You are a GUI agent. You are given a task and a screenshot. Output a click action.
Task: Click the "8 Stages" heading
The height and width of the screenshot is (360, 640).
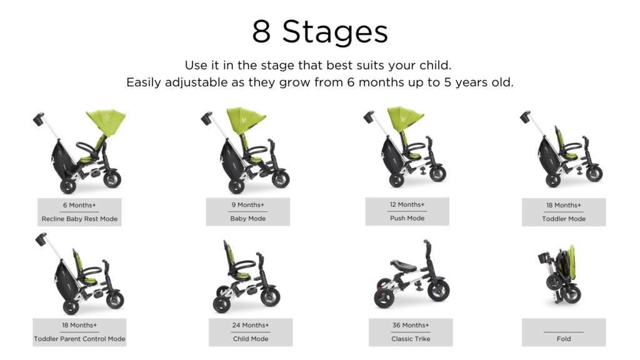click(320, 32)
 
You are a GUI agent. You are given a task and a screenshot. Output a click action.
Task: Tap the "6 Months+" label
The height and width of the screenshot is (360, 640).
click(79, 205)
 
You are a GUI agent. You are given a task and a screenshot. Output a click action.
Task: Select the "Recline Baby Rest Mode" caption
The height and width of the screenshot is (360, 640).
click(79, 219)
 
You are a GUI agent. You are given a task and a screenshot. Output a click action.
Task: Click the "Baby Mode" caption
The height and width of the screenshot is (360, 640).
click(247, 218)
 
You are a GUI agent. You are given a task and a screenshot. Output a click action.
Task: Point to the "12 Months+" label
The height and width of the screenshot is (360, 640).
click(407, 204)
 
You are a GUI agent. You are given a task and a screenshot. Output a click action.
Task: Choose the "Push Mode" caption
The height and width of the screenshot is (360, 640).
click(407, 218)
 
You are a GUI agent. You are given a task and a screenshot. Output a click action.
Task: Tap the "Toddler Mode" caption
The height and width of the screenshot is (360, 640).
click(564, 219)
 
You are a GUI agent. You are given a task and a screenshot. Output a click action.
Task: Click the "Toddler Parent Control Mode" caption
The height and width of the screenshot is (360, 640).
click(79, 339)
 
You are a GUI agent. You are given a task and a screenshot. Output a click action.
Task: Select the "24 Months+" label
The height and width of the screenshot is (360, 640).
click(251, 325)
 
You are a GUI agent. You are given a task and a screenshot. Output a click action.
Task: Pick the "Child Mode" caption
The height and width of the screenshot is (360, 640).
click(251, 339)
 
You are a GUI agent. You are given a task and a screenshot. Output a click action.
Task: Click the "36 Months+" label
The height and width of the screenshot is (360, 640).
click(411, 325)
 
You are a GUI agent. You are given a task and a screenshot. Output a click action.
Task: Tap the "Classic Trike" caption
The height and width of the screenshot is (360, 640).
click(411, 339)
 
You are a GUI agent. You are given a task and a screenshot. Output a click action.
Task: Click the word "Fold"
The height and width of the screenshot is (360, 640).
click(564, 339)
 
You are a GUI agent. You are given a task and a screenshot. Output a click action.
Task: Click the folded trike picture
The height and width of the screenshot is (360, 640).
click(560, 275)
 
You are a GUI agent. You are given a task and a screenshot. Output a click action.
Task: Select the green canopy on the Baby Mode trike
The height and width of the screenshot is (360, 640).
click(246, 119)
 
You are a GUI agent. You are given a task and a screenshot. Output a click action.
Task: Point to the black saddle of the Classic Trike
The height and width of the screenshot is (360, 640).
click(403, 265)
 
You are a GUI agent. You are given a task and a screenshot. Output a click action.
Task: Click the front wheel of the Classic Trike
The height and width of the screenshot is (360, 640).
click(438, 289)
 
